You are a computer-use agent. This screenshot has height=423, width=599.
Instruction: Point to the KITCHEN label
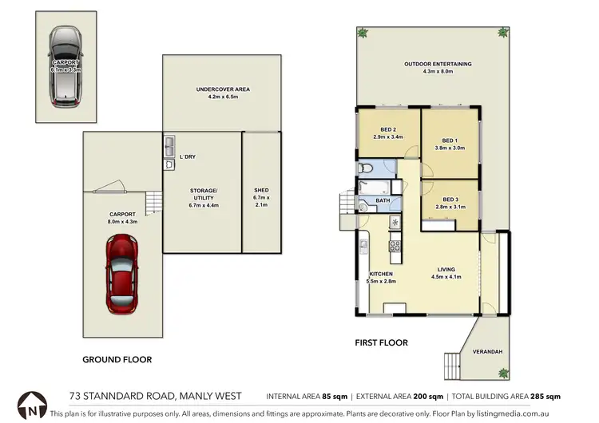click(380, 274)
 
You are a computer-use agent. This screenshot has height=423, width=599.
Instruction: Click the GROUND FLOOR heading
click(117, 360)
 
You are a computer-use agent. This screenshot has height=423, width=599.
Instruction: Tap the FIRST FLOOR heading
click(381, 343)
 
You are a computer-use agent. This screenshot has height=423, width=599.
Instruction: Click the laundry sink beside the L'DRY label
click(170, 147)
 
